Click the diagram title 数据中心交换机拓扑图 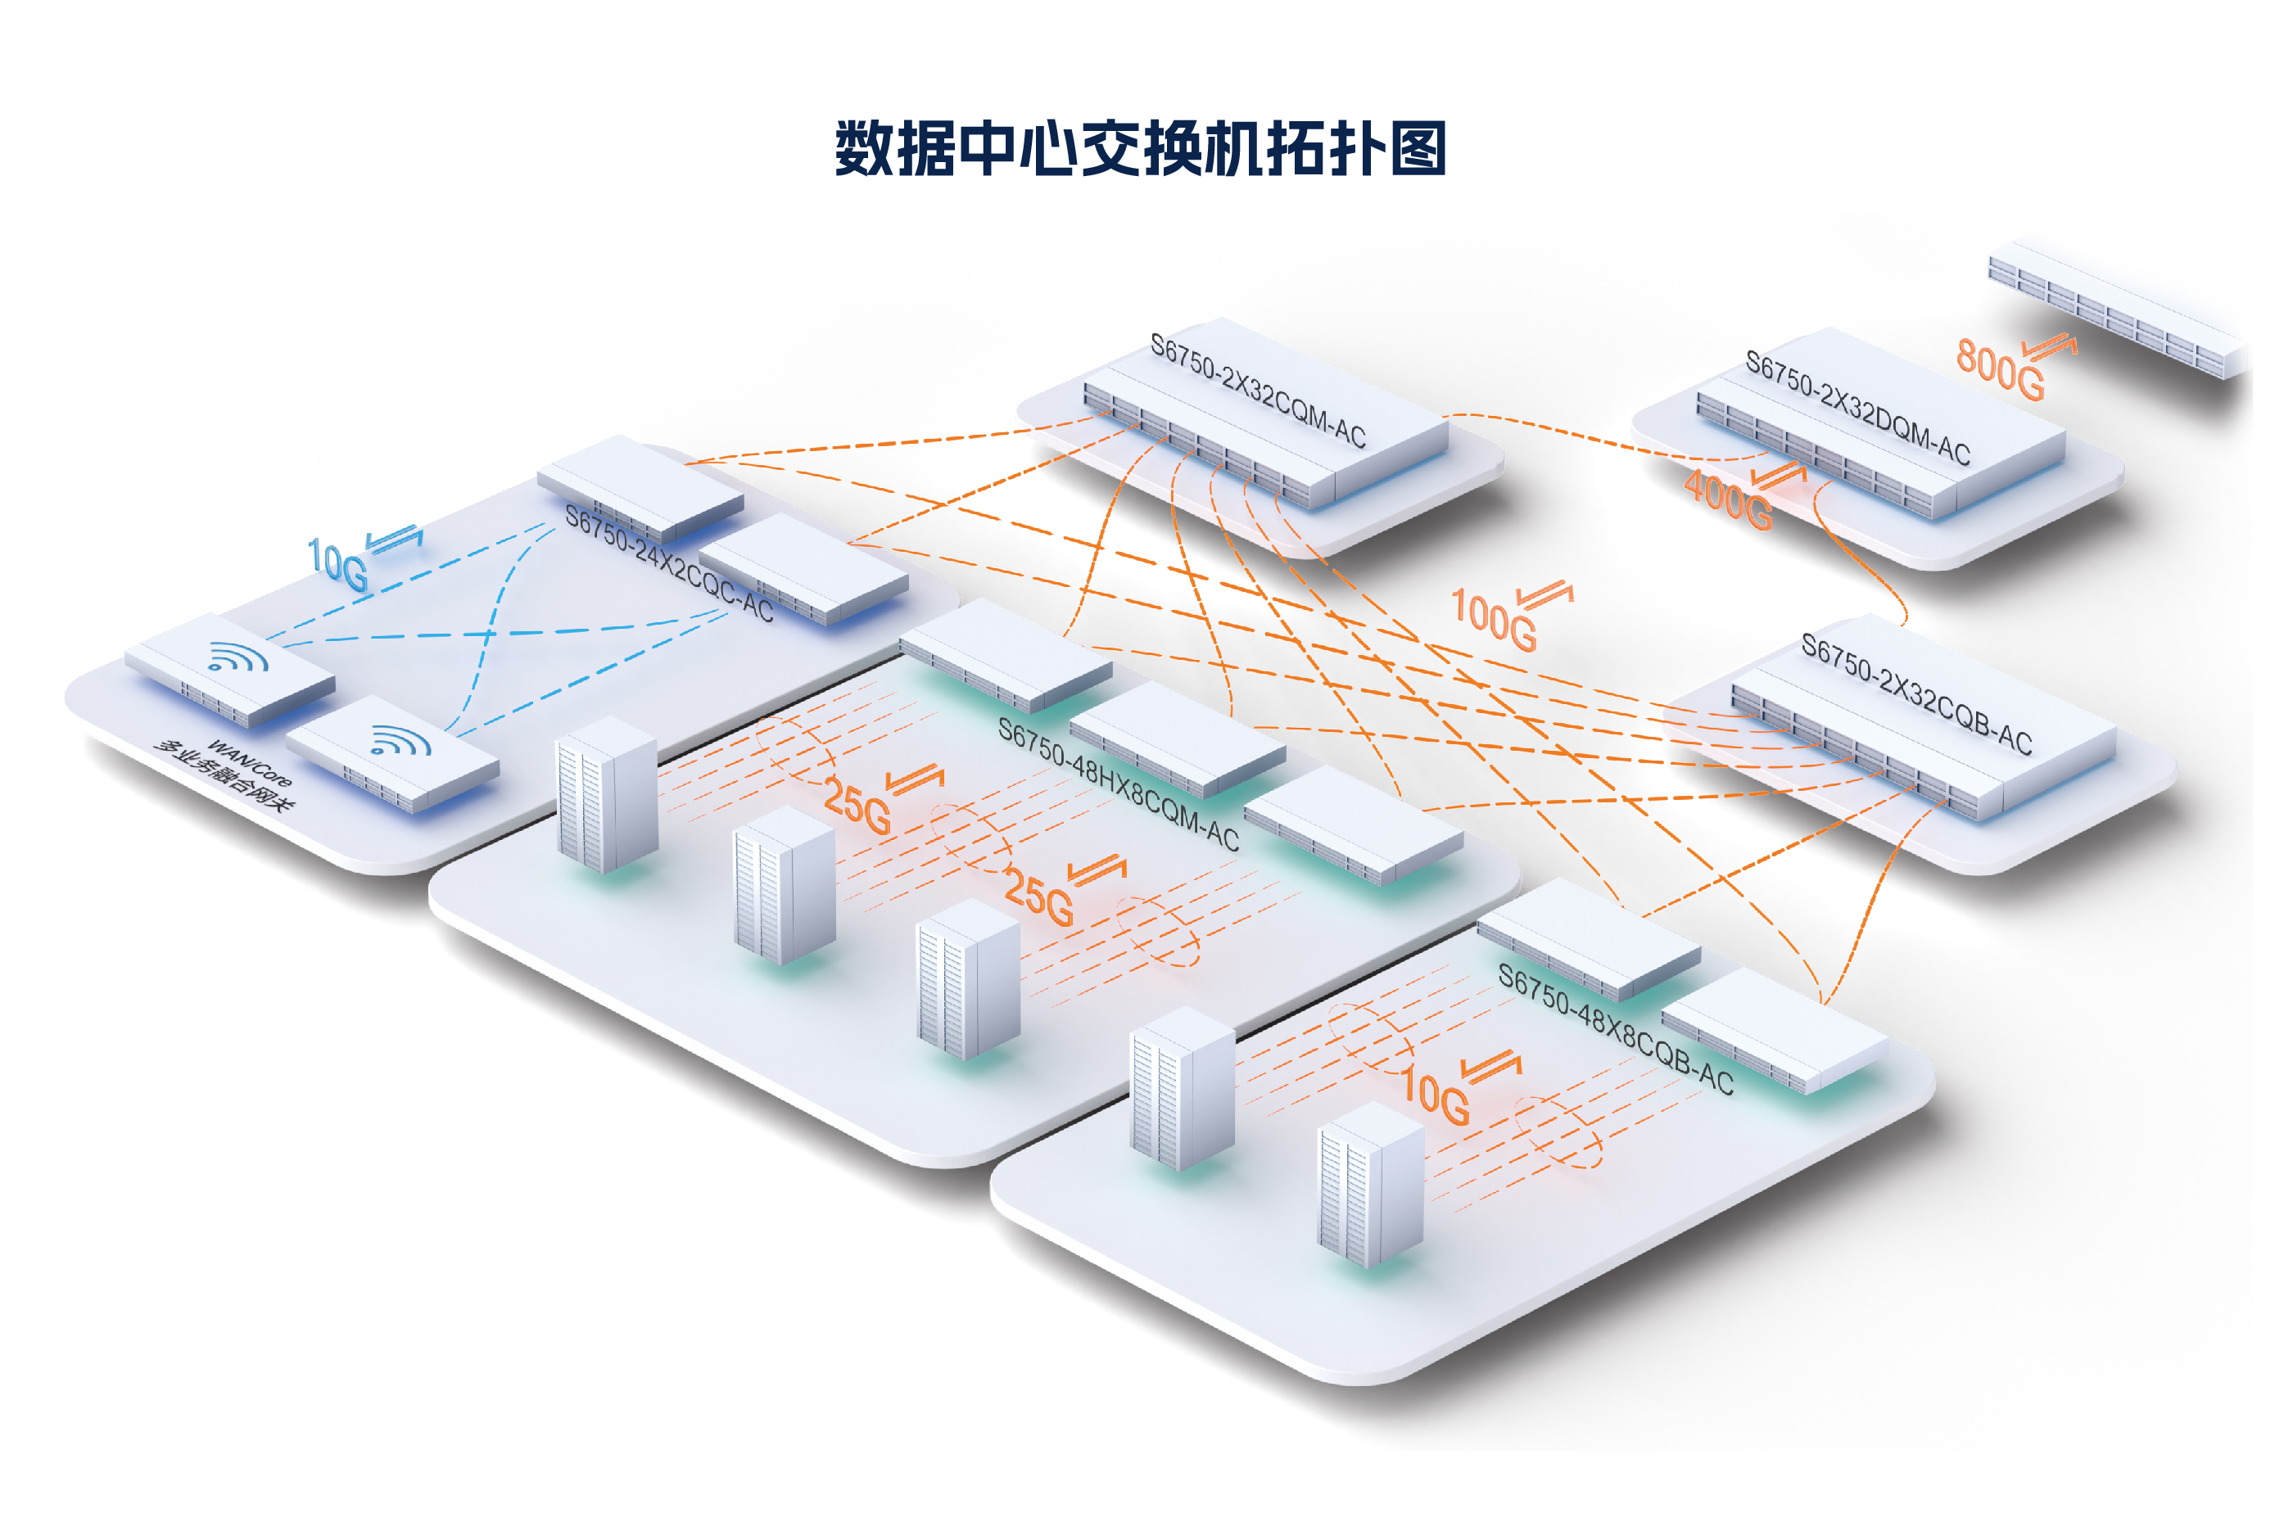pos(1140,148)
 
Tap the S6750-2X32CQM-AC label pos(1257,391)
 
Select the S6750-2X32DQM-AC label pos(1857,407)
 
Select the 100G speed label pos(1492,619)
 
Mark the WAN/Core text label pos(250,763)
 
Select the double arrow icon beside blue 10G pos(394,538)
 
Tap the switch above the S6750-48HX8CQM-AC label pos(1005,654)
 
